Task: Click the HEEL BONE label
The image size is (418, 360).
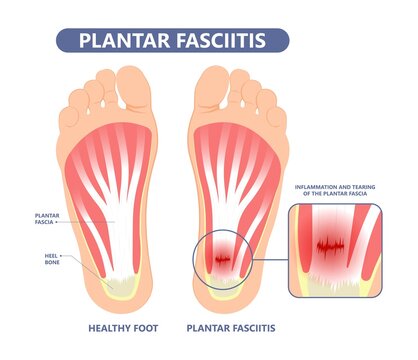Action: click(x=47, y=260)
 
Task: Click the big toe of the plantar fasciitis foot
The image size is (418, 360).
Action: click(x=212, y=82)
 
